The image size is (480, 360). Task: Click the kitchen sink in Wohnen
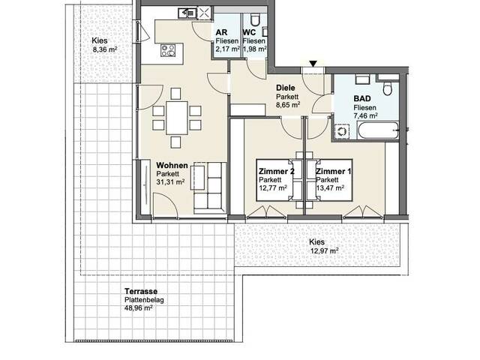click(x=187, y=13)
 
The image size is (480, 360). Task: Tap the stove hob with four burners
click(x=168, y=50)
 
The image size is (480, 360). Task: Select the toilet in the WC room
click(x=255, y=19)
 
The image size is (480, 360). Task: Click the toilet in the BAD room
click(x=388, y=88)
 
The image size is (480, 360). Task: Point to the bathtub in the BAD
click(x=378, y=130)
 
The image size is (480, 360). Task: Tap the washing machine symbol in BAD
click(x=341, y=132)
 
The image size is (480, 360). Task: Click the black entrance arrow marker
click(x=313, y=64)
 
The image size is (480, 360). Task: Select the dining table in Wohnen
click(x=177, y=118)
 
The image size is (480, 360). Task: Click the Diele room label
click(x=286, y=88)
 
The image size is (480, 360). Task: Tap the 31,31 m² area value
click(x=170, y=182)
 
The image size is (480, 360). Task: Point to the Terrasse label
click(x=141, y=292)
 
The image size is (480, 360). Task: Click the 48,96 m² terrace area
click(x=138, y=308)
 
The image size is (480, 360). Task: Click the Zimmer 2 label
click(x=277, y=172)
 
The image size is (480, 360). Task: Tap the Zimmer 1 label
click(x=334, y=172)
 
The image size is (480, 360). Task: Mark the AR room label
click(x=222, y=32)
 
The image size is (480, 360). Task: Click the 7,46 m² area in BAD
click(x=365, y=115)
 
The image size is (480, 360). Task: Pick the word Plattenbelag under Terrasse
click(x=144, y=300)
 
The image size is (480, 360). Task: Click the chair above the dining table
click(x=175, y=94)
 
